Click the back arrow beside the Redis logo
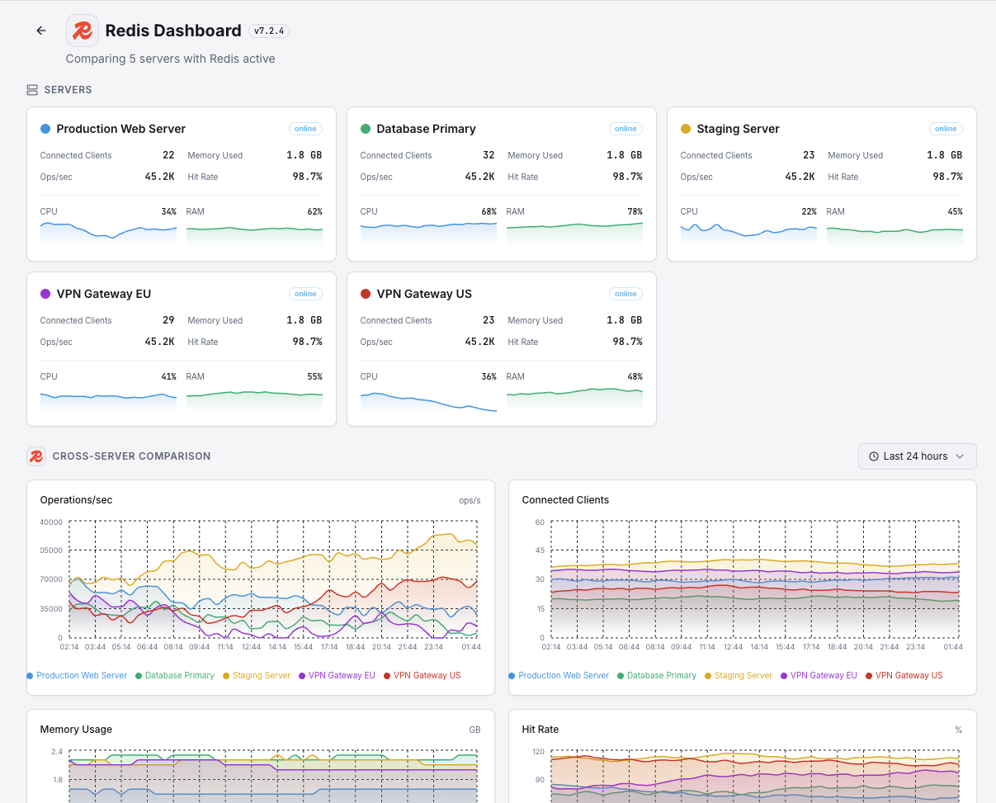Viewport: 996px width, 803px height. (41, 31)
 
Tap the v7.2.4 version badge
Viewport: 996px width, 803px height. (269, 31)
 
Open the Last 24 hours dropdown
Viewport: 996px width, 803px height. (917, 456)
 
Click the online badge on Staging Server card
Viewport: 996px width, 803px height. (946, 129)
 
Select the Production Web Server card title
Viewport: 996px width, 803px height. (120, 129)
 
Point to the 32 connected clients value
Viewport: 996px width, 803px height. (489, 155)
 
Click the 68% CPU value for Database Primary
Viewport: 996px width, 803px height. (489, 211)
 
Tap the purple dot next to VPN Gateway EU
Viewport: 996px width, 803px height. (45, 294)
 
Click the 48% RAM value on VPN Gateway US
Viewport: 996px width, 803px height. (634, 376)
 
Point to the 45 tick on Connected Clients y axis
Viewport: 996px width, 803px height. (539, 550)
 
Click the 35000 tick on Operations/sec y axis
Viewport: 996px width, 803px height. (51, 609)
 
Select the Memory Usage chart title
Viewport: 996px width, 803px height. (76, 730)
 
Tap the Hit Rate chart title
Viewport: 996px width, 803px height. (540, 730)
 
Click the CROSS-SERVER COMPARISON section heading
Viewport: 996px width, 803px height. (131, 456)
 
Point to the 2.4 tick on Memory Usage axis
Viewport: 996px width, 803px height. (57, 752)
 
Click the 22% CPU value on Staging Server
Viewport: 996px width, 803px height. (809, 211)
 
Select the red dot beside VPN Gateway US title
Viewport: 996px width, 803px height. (366, 294)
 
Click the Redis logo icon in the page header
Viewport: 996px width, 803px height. (83, 31)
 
